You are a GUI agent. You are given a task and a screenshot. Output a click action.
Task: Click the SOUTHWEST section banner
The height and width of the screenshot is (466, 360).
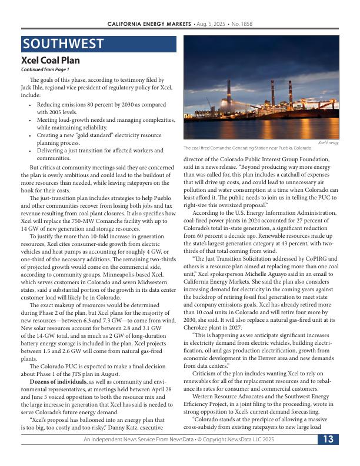click(x=98, y=44)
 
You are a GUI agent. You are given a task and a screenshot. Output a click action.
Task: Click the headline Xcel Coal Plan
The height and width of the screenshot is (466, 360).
click(x=51, y=61)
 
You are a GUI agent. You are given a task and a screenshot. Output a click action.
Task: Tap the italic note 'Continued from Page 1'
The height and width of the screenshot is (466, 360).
click(x=45, y=70)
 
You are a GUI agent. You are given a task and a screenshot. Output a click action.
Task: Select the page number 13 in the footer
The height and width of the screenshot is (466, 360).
click(x=328, y=440)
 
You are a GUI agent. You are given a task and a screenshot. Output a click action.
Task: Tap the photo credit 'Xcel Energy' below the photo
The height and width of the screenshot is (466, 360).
click(x=328, y=143)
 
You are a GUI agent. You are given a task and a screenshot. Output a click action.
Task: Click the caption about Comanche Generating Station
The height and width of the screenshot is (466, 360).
click(x=247, y=148)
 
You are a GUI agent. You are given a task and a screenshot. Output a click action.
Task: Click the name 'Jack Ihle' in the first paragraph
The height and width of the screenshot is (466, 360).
click(x=33, y=86)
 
